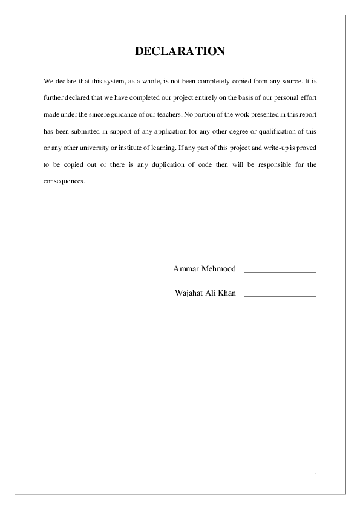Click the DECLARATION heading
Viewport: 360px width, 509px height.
tap(180, 51)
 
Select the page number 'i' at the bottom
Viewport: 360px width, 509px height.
tap(316, 476)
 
